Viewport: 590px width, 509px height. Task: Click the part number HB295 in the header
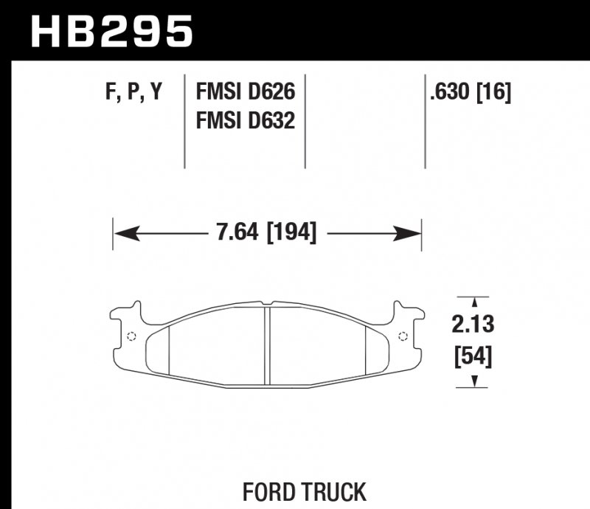coord(111,32)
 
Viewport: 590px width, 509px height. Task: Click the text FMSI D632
coord(245,120)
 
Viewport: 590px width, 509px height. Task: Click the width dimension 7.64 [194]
coord(266,234)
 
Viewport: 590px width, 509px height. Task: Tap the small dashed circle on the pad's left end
coord(131,337)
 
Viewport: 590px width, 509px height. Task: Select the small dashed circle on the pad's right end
coord(403,337)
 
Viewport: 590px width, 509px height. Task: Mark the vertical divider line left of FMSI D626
coord(184,122)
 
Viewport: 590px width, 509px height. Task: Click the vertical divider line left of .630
coord(425,122)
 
